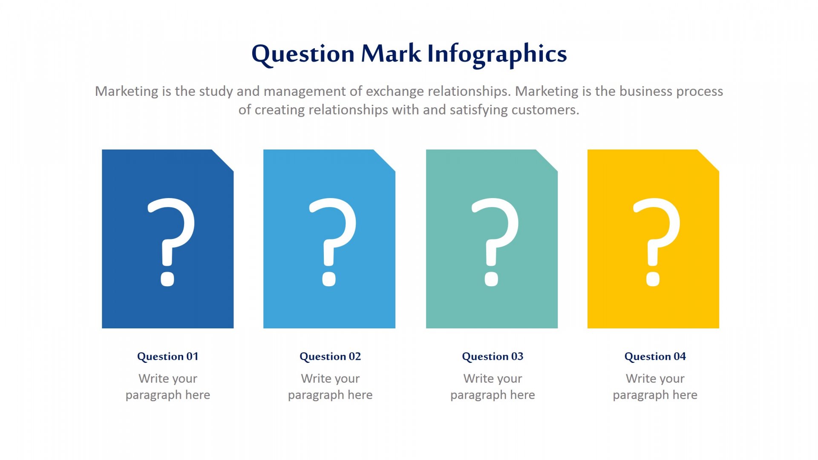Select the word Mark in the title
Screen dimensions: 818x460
(x=391, y=53)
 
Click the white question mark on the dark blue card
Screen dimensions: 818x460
(x=171, y=241)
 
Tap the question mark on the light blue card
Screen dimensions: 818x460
(x=332, y=241)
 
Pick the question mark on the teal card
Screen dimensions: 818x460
(x=495, y=241)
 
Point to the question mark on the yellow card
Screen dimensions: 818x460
(x=657, y=241)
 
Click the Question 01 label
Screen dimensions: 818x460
(x=168, y=356)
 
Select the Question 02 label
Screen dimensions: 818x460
(x=330, y=356)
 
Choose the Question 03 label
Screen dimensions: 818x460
(x=493, y=356)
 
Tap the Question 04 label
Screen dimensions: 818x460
(x=655, y=356)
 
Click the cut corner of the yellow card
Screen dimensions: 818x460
(x=708, y=160)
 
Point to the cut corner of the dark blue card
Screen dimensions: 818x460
(x=223, y=160)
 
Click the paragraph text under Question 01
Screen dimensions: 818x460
(x=168, y=387)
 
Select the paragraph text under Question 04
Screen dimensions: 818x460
(x=655, y=387)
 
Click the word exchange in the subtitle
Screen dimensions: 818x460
(x=395, y=92)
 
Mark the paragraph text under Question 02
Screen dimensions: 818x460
(x=330, y=387)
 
